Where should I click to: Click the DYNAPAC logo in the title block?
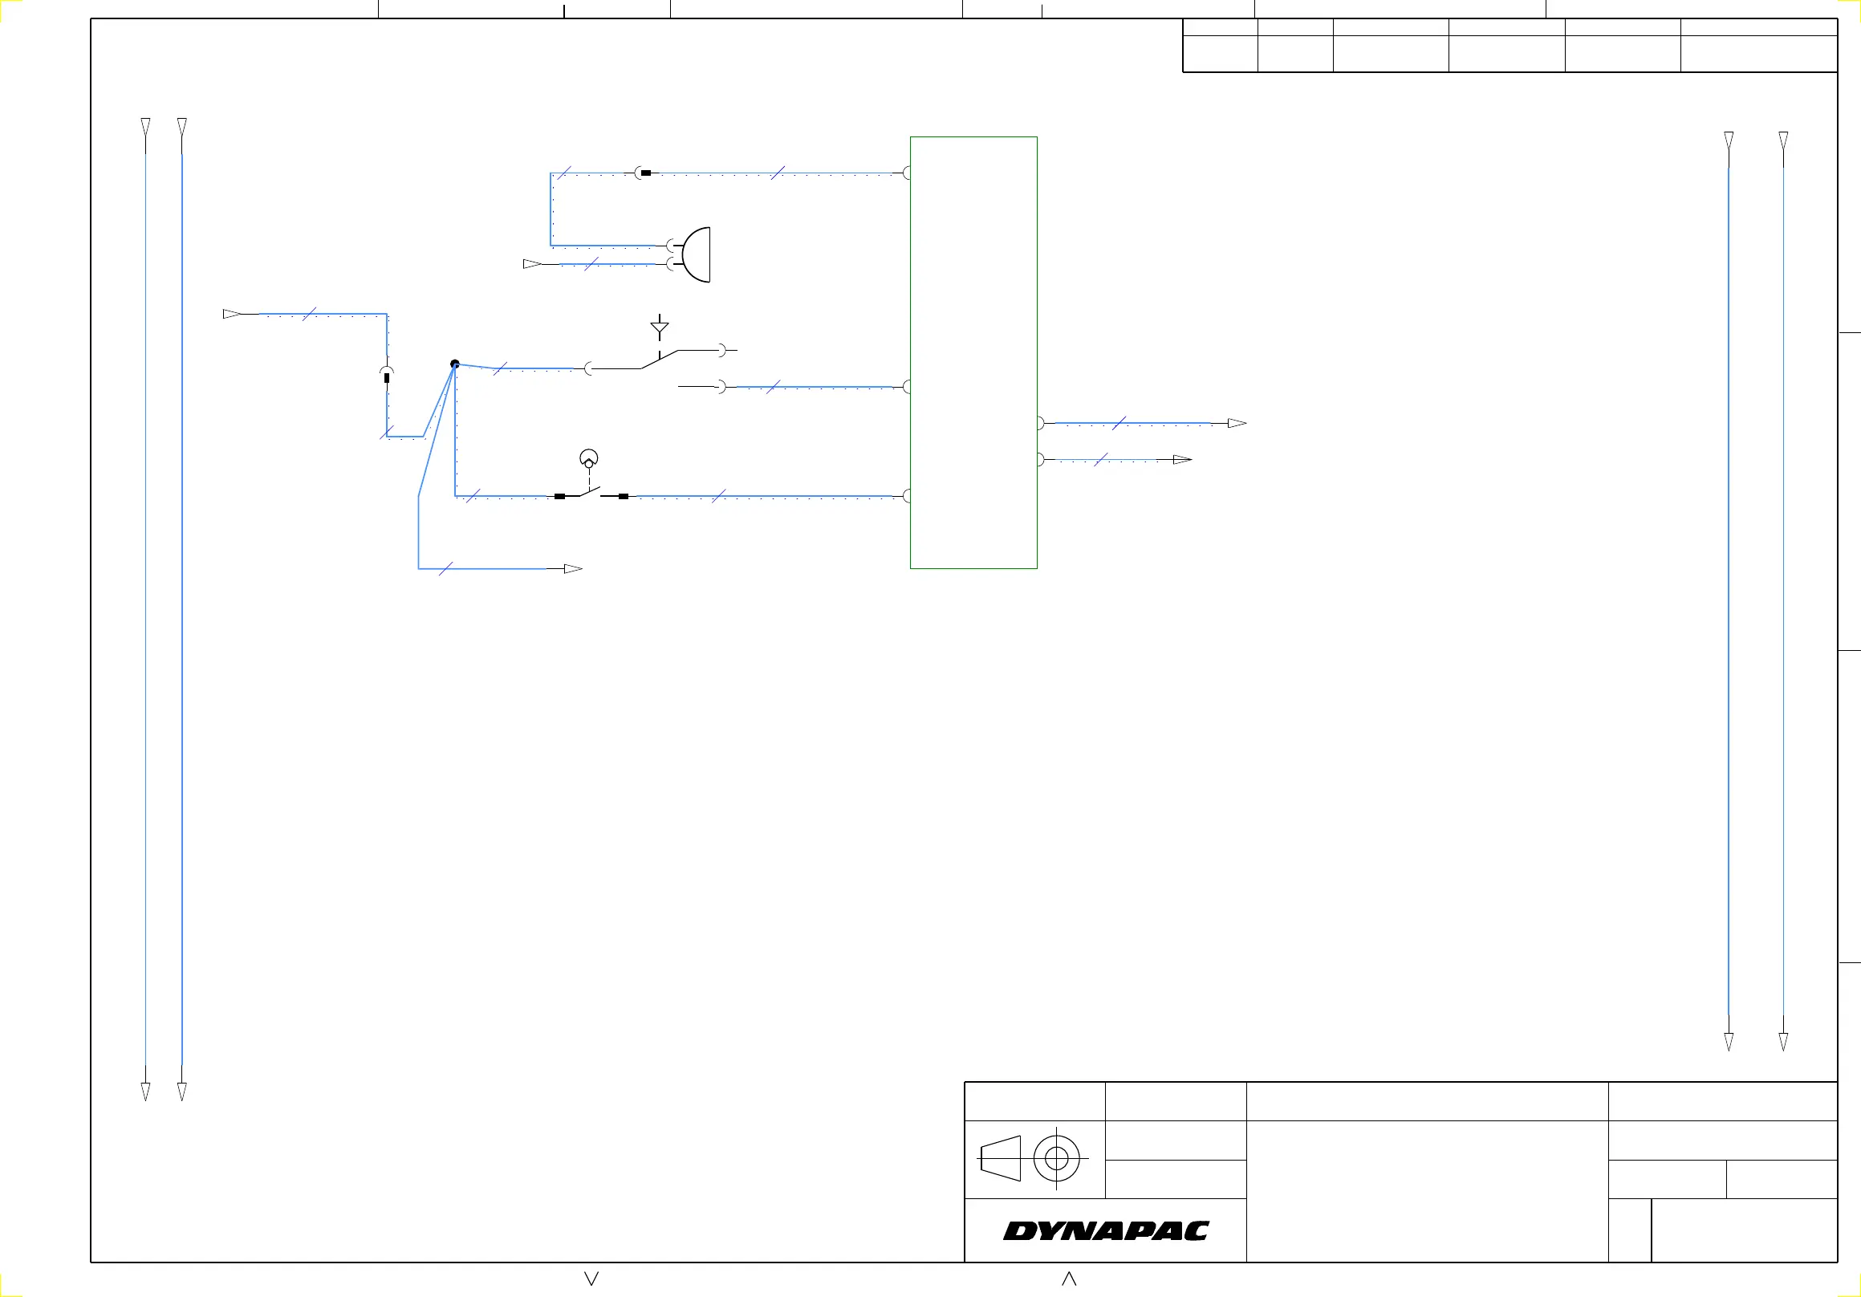click(1106, 1230)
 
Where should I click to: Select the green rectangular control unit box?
click(973, 352)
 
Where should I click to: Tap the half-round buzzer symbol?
click(697, 254)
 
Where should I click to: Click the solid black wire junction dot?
click(455, 364)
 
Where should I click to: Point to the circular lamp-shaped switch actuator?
click(589, 459)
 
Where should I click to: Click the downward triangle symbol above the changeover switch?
click(660, 328)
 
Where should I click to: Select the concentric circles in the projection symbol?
click(1057, 1158)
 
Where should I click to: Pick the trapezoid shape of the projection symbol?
click(1000, 1158)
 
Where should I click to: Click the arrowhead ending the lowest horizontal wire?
click(573, 569)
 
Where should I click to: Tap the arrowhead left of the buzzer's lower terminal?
click(533, 264)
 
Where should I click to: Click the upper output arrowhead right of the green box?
click(1237, 423)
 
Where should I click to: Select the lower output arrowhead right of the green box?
click(1183, 460)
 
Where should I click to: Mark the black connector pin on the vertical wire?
click(387, 378)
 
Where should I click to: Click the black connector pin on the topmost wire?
click(645, 173)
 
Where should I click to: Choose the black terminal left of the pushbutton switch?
click(559, 496)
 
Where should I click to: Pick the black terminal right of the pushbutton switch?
click(624, 496)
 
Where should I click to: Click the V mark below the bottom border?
click(591, 1279)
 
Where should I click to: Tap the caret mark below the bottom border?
click(1069, 1279)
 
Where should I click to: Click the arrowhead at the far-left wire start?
click(232, 314)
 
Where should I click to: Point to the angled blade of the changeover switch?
click(659, 360)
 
